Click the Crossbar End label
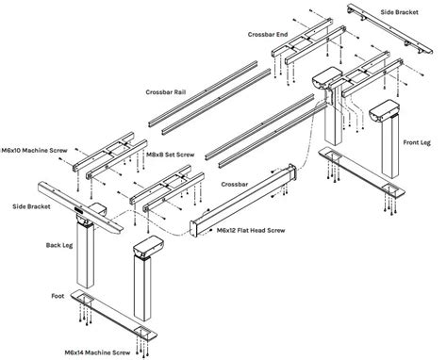pos(268,34)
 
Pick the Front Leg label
pos(418,142)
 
